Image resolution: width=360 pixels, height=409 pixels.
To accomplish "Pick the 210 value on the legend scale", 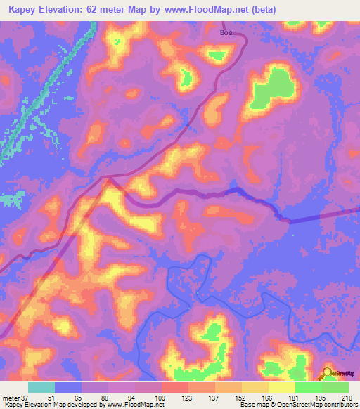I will click(347, 398).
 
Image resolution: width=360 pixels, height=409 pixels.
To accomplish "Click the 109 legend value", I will click(161, 398).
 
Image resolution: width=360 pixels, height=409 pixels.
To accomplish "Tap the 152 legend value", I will click(241, 398).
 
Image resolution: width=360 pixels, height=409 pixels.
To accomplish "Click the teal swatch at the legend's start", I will click(41, 387).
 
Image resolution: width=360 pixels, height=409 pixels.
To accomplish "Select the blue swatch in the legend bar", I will click(68, 387).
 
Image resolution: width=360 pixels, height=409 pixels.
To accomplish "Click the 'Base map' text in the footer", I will click(250, 405).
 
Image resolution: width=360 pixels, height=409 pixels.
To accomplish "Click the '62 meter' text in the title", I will click(119, 10).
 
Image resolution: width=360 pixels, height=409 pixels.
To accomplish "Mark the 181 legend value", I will click(294, 398).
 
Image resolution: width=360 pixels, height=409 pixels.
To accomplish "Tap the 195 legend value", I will click(321, 398).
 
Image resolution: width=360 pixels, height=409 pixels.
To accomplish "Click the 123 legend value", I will click(188, 398).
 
